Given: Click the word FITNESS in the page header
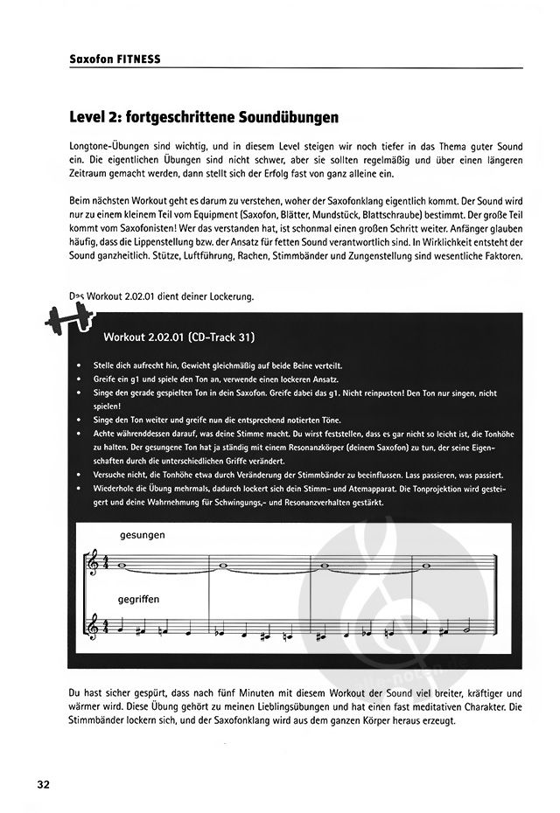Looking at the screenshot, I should coord(139,60).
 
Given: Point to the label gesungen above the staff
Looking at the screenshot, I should coord(143,534).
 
